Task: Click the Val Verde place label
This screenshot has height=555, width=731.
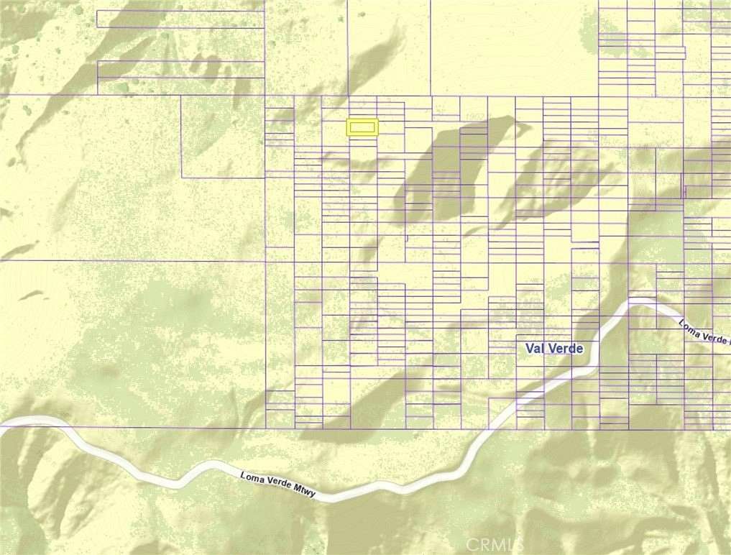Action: click(x=553, y=349)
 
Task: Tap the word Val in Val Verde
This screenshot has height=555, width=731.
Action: click(x=535, y=349)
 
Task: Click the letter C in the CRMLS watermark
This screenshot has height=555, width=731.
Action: click(x=458, y=543)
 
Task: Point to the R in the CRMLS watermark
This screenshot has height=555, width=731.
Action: click(x=472, y=543)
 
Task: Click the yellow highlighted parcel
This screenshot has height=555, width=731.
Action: click(x=362, y=127)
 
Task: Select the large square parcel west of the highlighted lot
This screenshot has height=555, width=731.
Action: click(x=223, y=137)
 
